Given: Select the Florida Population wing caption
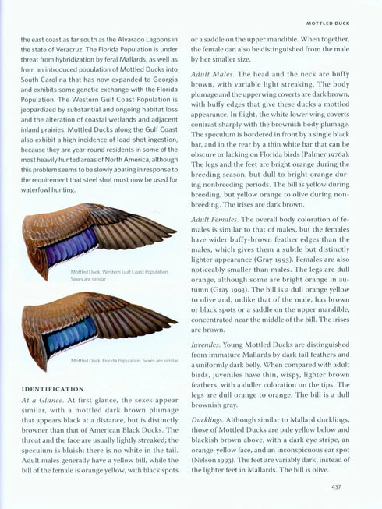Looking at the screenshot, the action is [125, 361].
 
